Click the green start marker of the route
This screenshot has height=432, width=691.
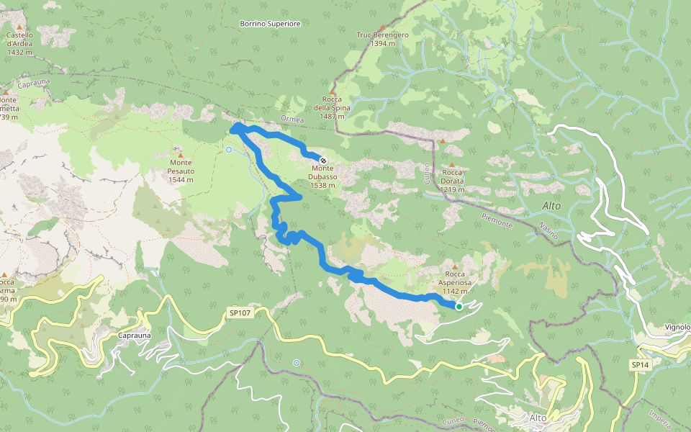[x=459, y=307]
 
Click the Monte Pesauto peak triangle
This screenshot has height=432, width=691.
[x=181, y=155]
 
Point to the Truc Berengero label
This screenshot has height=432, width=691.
[x=382, y=35]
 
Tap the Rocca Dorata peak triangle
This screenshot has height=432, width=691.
[x=443, y=141]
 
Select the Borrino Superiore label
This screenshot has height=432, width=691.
[x=270, y=24]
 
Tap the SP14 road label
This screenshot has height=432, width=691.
[x=640, y=365]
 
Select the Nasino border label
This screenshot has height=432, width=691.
[x=551, y=231]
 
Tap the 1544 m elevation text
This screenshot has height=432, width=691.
[x=181, y=179]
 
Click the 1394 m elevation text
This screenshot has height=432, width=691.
[x=382, y=43]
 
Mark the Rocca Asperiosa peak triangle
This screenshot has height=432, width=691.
[x=454, y=267]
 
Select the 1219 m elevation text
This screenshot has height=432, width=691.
[x=452, y=189]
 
